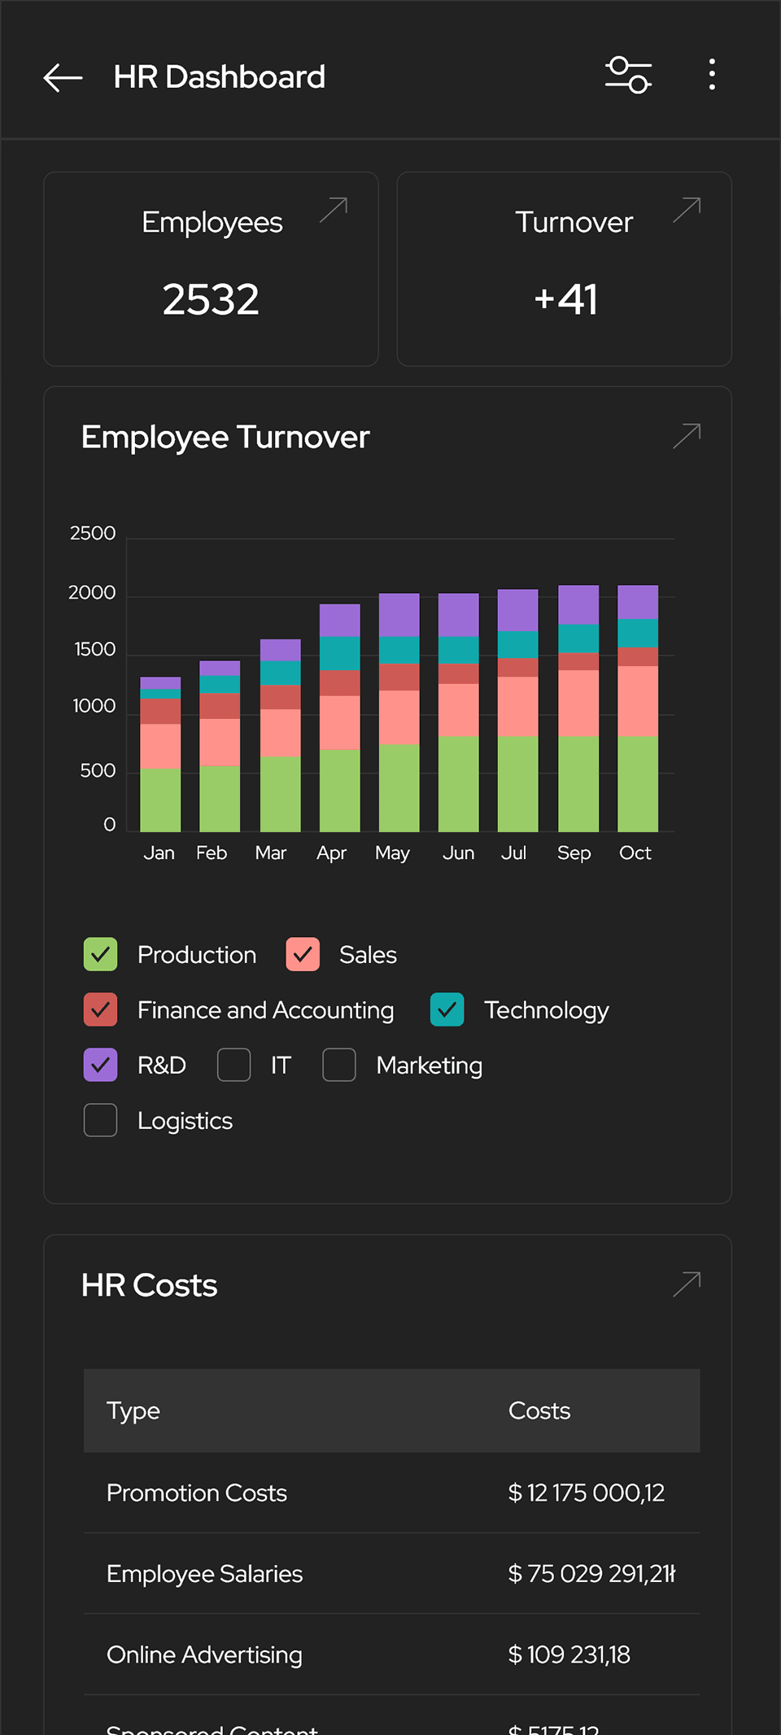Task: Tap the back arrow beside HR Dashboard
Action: coord(63,77)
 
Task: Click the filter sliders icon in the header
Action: coord(628,76)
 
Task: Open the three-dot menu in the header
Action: coord(712,75)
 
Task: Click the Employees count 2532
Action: coord(211,299)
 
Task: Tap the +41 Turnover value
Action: coord(565,299)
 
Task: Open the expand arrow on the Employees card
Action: coord(334,210)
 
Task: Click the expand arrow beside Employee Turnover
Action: coord(687,436)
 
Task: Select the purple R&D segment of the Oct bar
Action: coord(638,603)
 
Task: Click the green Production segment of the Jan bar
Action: coord(160,800)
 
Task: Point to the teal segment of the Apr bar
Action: coord(340,653)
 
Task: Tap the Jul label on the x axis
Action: coord(513,852)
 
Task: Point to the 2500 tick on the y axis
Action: coord(93,534)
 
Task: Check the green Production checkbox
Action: coord(101,954)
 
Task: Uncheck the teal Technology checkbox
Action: coord(447,1009)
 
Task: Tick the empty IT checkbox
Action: coord(233,1065)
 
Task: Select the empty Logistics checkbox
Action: coord(101,1120)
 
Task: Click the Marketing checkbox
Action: coord(339,1065)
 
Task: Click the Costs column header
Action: coord(539,1410)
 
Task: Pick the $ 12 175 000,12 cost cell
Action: coord(586,1493)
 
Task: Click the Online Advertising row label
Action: coord(204,1654)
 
